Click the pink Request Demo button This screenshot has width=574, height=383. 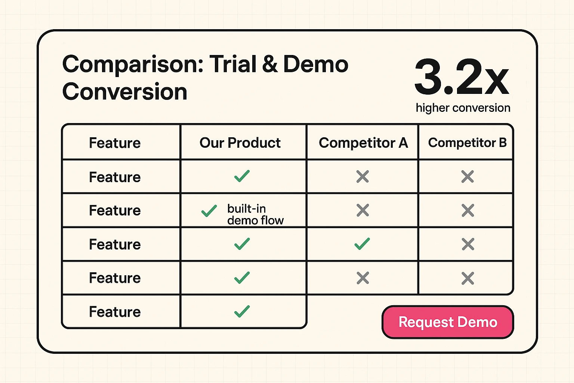pyautogui.click(x=448, y=322)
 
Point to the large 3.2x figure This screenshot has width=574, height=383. pyautogui.click(x=462, y=78)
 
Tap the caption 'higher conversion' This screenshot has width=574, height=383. pyautogui.click(x=463, y=108)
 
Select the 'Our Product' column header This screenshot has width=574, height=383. pyautogui.click(x=240, y=143)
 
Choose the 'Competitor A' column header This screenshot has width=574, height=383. pyautogui.click(x=363, y=143)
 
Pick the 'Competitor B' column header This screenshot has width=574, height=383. pyautogui.click(x=467, y=143)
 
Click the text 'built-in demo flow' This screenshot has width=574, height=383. pyautogui.click(x=255, y=214)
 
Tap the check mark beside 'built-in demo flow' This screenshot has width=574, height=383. pyautogui.click(x=209, y=211)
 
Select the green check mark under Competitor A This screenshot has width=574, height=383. pyautogui.click(x=362, y=244)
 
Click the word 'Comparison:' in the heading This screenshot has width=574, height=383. pyautogui.click(x=133, y=64)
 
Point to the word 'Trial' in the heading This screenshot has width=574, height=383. pyautogui.click(x=233, y=64)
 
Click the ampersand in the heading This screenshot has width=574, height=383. pyautogui.click(x=270, y=64)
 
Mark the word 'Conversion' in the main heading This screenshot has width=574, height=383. pyautogui.click(x=124, y=92)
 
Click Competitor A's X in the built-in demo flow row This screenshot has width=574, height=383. pyautogui.click(x=363, y=211)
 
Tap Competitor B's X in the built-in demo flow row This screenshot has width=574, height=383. pyautogui.click(x=467, y=211)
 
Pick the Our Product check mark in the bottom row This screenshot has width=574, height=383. pyautogui.click(x=242, y=312)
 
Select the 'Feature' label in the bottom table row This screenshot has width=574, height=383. pyautogui.click(x=115, y=312)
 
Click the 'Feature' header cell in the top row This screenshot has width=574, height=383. pyautogui.click(x=115, y=143)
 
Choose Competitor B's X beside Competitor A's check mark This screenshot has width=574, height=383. pyautogui.click(x=467, y=244)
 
